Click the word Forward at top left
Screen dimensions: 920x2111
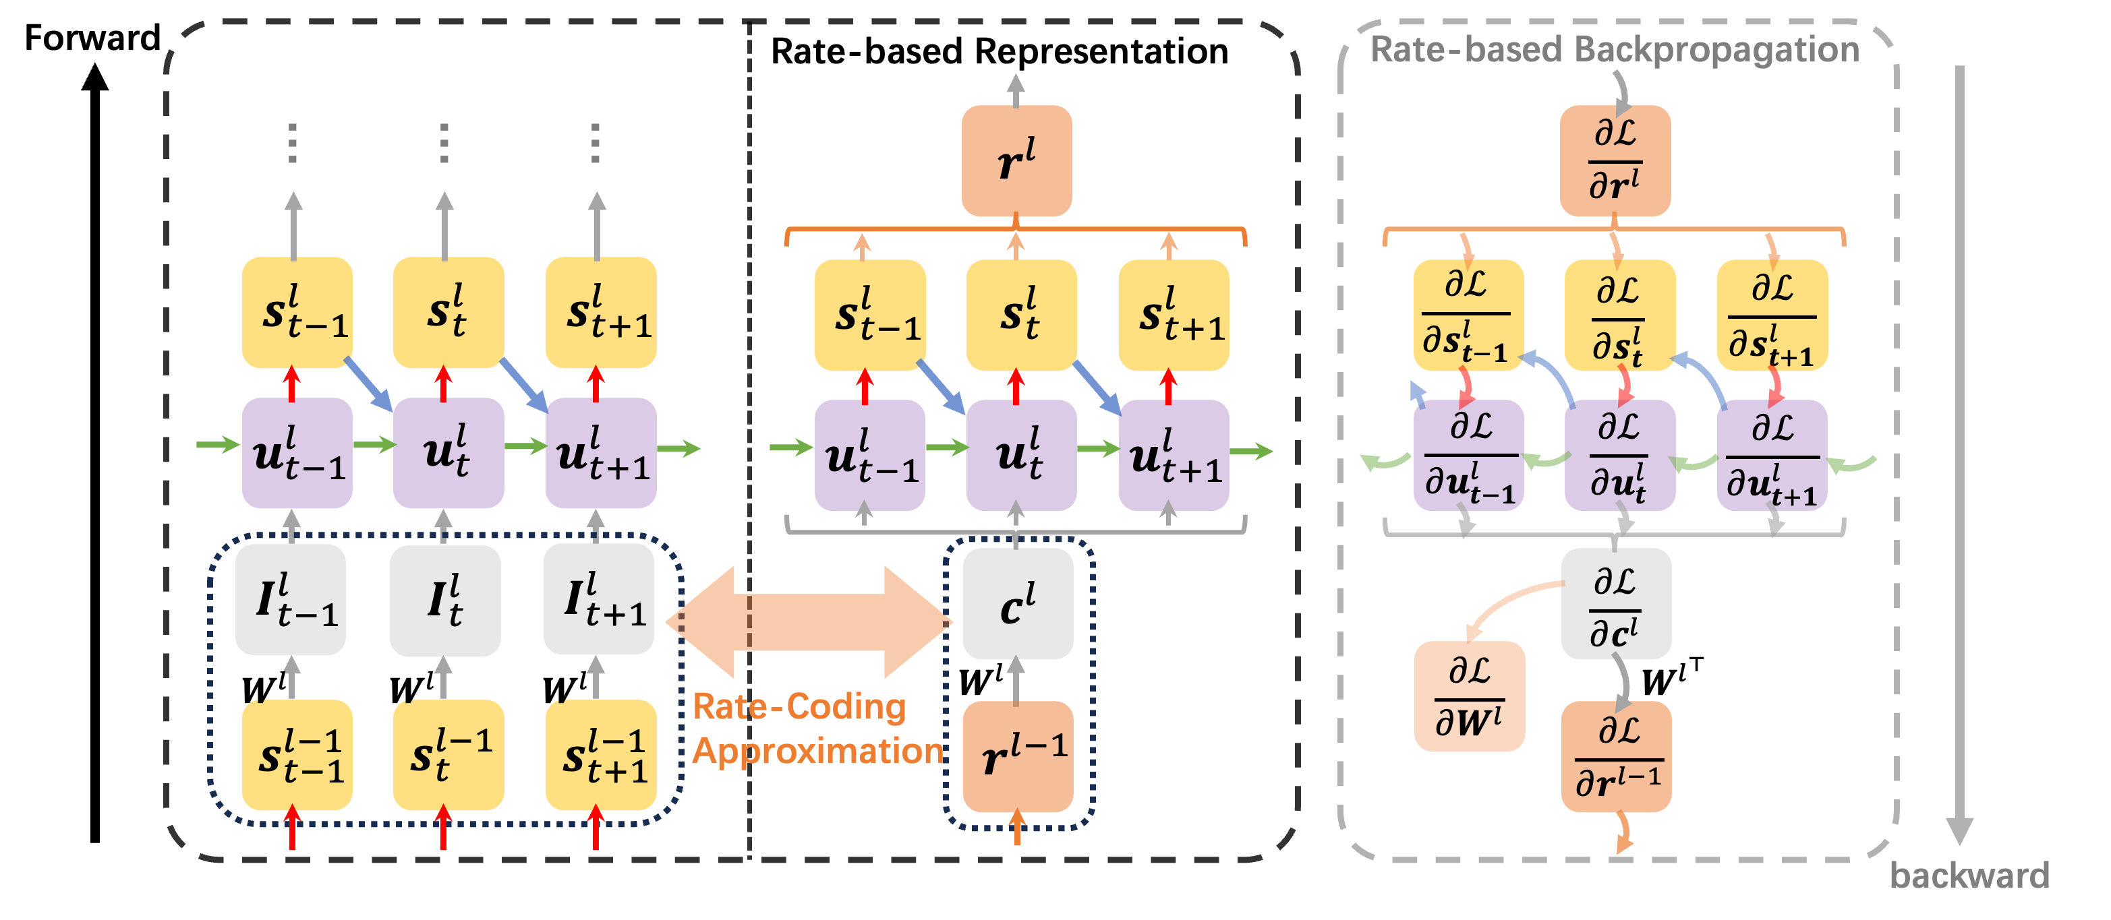pyautogui.click(x=92, y=38)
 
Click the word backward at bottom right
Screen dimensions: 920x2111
pyautogui.click(x=1969, y=875)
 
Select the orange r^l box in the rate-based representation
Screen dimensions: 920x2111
pyautogui.click(x=1016, y=160)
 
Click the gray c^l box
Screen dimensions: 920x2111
pyautogui.click(x=1017, y=605)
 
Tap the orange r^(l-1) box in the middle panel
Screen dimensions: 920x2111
pyautogui.click(x=1017, y=756)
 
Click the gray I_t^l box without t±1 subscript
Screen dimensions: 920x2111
pyautogui.click(x=445, y=600)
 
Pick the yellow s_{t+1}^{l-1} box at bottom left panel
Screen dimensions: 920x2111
pyautogui.click(x=601, y=754)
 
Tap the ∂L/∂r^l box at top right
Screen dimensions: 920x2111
pyautogui.click(x=1615, y=160)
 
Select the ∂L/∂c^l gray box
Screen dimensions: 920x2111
pyautogui.click(x=1615, y=605)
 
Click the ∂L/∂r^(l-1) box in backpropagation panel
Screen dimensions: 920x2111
pyautogui.click(x=1616, y=756)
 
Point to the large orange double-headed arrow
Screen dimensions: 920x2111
pyautogui.click(x=809, y=622)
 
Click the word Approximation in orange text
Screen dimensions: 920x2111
pyautogui.click(x=818, y=750)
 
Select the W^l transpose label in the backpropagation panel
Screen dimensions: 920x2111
pyautogui.click(x=1672, y=678)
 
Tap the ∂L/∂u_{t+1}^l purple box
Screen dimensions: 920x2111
pyautogui.click(x=1772, y=456)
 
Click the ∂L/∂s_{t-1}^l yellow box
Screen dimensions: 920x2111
pyautogui.click(x=1468, y=315)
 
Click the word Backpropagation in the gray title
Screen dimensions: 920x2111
pyautogui.click(x=1717, y=49)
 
